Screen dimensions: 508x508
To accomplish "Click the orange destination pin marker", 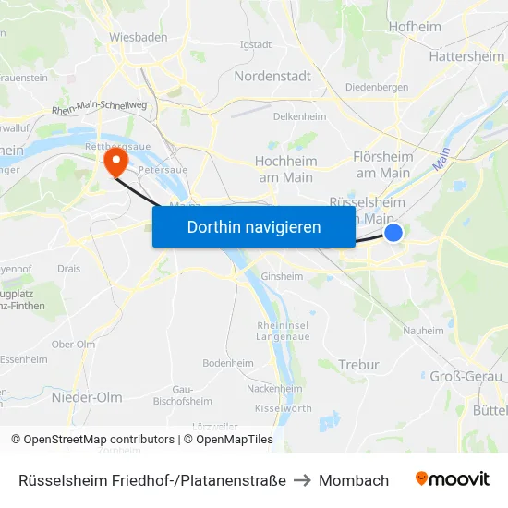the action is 115,163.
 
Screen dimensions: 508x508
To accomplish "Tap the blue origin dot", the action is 393,233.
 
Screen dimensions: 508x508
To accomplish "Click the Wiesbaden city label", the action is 139,37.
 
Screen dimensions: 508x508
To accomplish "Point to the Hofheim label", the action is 415,27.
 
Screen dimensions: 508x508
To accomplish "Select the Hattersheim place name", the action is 466,56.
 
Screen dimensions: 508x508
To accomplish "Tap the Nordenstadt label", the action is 272,76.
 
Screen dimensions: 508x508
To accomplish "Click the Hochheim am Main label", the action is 285,167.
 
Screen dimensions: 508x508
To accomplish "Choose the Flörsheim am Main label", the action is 382,165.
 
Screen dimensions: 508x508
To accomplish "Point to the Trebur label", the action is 359,365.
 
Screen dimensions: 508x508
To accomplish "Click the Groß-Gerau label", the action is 466,376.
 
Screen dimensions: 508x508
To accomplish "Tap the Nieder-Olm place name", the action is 87,397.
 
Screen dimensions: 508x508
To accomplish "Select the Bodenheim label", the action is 228,363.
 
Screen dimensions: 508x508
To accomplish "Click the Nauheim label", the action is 425,330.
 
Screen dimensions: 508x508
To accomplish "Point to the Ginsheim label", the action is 283,276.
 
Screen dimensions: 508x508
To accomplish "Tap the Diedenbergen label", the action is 377,88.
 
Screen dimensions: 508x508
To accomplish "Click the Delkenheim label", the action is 300,117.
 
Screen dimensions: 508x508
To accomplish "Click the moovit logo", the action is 453,479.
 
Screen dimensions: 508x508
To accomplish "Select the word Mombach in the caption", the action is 354,480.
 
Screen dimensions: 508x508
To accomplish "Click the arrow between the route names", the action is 302,480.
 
